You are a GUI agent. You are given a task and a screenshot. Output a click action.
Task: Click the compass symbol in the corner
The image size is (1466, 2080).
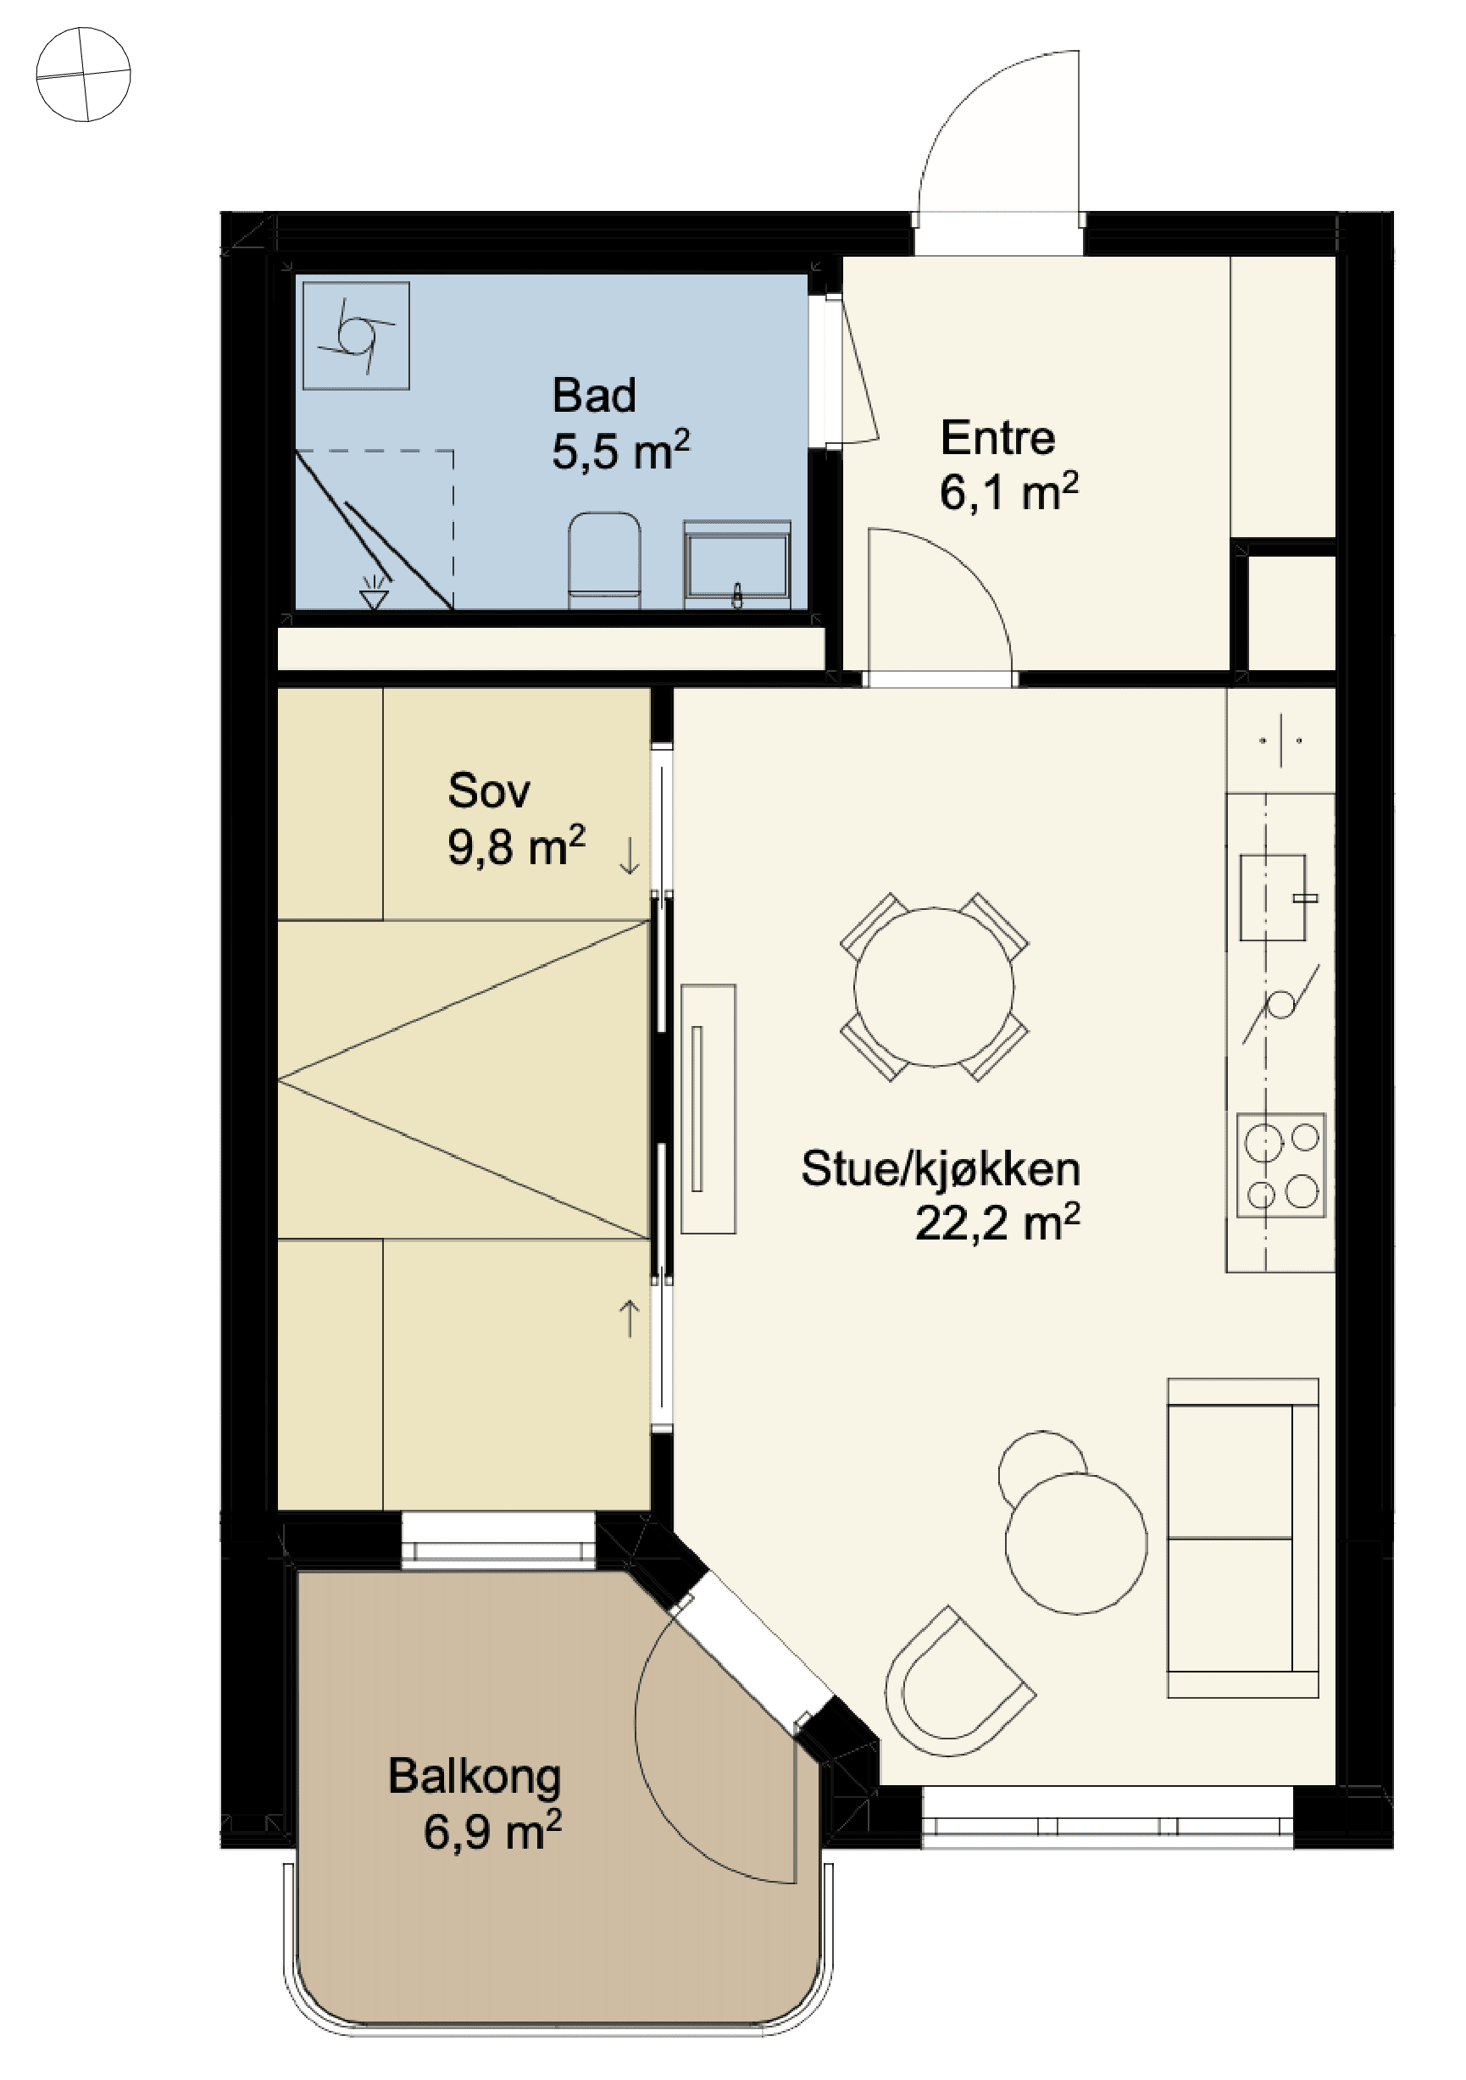(x=83, y=75)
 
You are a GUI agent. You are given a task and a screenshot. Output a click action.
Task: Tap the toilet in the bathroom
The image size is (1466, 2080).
(x=604, y=561)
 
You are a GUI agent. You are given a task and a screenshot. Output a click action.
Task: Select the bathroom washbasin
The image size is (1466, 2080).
(x=737, y=563)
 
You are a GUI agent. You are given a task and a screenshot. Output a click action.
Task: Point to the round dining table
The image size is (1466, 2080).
(x=934, y=986)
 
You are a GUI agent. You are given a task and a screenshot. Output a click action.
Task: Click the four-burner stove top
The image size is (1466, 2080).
(x=1281, y=1165)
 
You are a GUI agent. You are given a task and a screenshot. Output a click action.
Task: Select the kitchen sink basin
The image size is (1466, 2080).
(x=1273, y=897)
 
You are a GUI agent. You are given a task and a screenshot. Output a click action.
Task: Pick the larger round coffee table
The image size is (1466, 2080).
(x=1076, y=1543)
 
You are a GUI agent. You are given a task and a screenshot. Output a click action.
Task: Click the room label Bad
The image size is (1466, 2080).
(x=594, y=395)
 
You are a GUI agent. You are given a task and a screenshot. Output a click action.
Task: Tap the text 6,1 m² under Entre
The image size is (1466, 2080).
(x=1008, y=493)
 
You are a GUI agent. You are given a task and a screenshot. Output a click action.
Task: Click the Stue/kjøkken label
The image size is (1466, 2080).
(x=941, y=1168)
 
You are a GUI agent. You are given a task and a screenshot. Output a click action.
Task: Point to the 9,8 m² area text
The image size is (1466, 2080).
(x=515, y=847)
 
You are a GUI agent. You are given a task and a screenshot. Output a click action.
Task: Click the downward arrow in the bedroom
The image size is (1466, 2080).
(x=629, y=856)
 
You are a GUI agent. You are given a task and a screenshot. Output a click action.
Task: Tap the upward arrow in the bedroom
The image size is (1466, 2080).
(x=629, y=1318)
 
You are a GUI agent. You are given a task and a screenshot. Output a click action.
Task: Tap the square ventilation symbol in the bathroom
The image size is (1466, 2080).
(x=356, y=336)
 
